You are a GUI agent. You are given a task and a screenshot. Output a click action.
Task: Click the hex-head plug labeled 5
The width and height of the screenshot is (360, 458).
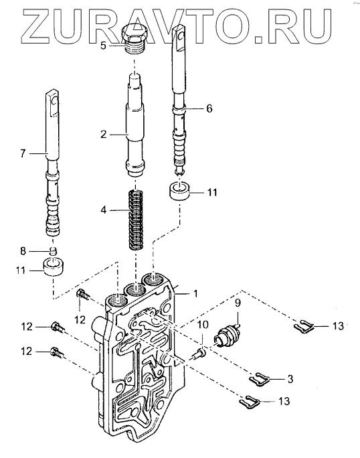pyautogui.click(x=134, y=39)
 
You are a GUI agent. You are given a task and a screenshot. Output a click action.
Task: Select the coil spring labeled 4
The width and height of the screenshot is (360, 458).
pyautogui.click(x=136, y=220)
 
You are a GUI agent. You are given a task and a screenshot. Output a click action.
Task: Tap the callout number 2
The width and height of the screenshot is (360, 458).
pyautogui.click(x=104, y=135)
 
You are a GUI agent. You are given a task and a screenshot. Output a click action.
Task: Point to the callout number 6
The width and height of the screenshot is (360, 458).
pyautogui.click(x=209, y=108)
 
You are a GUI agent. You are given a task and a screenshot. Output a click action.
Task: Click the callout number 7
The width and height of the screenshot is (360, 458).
pyautogui.click(x=23, y=153)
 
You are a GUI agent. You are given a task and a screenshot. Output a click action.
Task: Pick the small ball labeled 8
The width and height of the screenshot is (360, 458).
pyautogui.click(x=53, y=250)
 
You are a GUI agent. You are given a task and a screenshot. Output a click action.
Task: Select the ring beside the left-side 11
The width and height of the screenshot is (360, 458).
pyautogui.click(x=54, y=267)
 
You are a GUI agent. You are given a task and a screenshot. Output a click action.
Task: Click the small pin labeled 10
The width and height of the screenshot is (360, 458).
pyautogui.click(x=199, y=353)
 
